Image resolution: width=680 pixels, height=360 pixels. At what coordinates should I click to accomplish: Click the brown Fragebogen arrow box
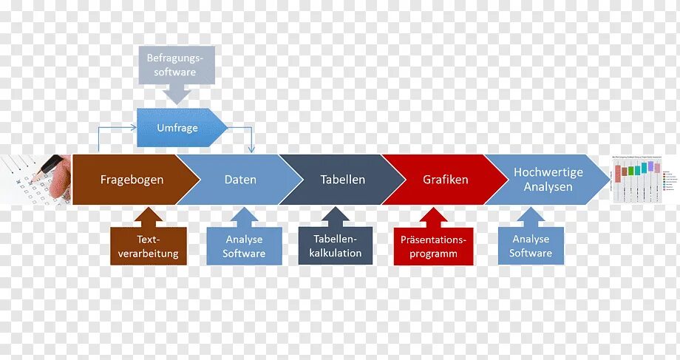132,180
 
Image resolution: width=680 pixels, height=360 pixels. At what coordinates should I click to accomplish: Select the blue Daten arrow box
240,180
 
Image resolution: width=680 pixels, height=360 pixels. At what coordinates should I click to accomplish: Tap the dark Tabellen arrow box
342,180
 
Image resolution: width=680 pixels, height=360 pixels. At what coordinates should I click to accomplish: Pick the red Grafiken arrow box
445,180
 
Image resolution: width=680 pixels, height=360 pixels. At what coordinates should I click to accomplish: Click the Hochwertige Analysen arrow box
548,180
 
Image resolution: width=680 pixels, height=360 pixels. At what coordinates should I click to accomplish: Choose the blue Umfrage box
177,128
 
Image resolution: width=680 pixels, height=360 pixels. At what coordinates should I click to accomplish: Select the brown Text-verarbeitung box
148,246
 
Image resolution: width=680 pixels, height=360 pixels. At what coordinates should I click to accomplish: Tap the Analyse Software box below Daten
244,246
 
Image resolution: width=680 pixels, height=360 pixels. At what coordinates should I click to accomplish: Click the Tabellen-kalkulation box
337,246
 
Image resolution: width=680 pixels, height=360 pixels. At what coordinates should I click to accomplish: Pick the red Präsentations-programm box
433,246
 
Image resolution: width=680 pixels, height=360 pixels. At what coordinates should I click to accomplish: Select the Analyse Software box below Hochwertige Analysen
530,246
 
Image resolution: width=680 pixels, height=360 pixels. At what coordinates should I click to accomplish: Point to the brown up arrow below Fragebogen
148,217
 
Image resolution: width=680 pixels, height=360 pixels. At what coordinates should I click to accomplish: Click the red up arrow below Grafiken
433,217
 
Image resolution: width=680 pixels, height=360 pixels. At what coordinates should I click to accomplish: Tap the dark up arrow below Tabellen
337,217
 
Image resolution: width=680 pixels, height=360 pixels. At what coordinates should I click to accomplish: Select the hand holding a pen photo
35,179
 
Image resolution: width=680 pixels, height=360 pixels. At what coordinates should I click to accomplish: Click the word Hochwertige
548,172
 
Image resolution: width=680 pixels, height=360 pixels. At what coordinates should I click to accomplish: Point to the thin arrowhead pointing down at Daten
252,150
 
